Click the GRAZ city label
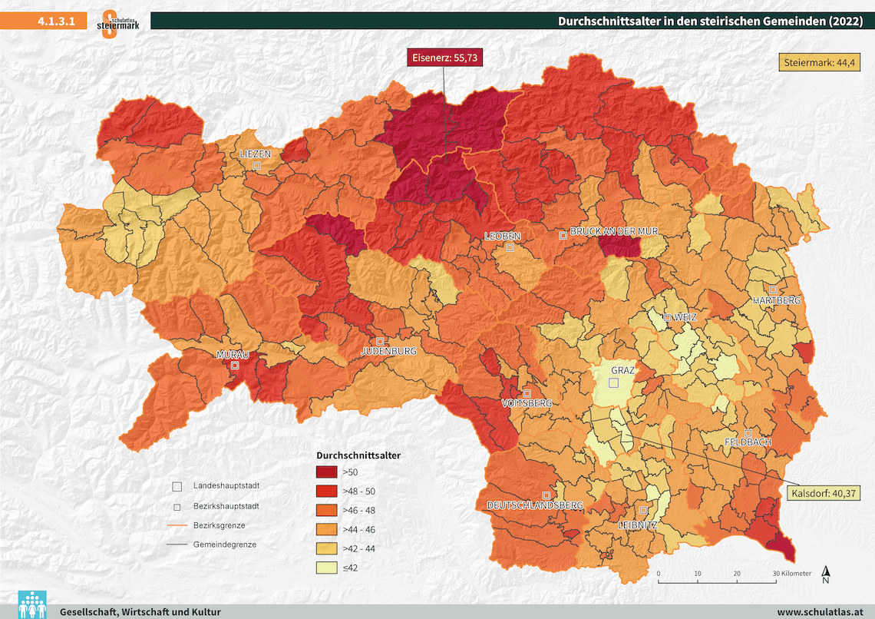point(622,370)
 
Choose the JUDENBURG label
point(388,351)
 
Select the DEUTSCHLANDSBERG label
point(535,505)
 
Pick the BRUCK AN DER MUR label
point(613,231)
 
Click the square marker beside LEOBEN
point(510,247)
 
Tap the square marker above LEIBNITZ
point(644,510)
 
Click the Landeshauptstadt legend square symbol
point(177,486)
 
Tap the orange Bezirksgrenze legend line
point(177,525)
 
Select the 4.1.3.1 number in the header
point(55,22)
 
